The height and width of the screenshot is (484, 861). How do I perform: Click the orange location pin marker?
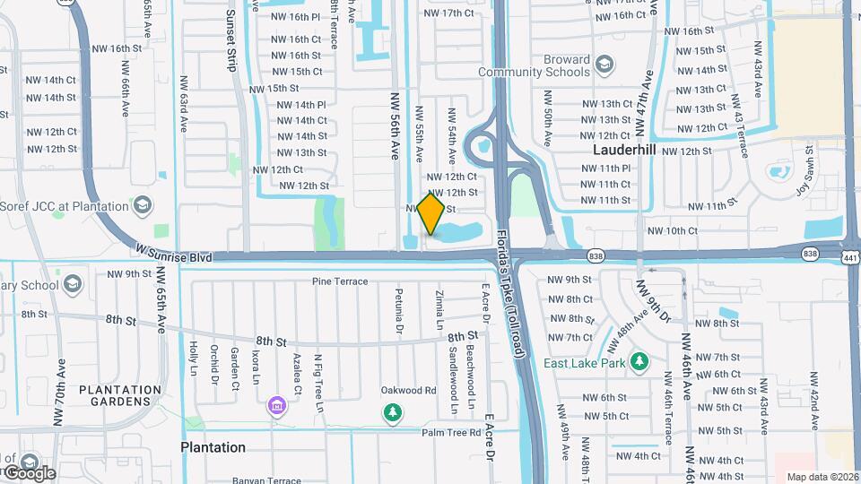tap(431, 214)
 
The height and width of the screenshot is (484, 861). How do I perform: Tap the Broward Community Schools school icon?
tap(604, 65)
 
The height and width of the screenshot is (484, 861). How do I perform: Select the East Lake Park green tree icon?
tap(639, 362)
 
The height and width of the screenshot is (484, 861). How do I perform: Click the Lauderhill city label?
tap(627, 149)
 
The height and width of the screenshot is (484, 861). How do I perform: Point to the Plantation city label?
tap(213, 447)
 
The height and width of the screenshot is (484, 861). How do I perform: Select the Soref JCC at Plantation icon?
tap(141, 207)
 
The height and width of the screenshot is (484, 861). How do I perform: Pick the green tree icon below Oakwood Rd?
tap(392, 412)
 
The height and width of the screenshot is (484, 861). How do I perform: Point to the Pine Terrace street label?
tap(340, 281)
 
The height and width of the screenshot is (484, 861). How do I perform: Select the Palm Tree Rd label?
tap(451, 432)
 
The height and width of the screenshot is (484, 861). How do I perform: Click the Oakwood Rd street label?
tap(408, 390)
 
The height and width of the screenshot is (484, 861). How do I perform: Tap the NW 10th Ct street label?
tap(669, 230)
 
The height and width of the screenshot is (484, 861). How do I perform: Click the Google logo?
tap(29, 472)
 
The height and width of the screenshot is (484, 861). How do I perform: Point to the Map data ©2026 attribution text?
tap(822, 477)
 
